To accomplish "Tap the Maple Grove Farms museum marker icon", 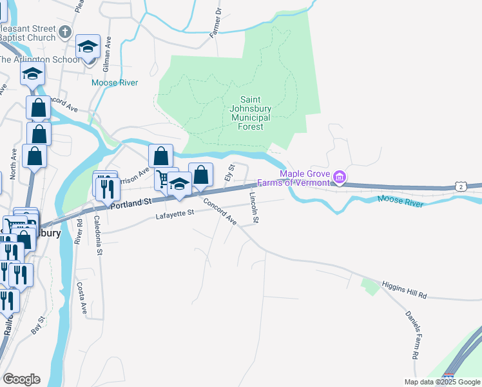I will pyautogui.click(x=340, y=176).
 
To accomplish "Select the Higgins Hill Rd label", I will pyautogui.click(x=404, y=290).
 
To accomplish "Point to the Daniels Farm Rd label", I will pyautogui.click(x=412, y=335).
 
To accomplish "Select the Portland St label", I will pyautogui.click(x=130, y=202).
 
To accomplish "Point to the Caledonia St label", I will pyautogui.click(x=99, y=235).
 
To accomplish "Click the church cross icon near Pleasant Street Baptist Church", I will pyautogui.click(x=65, y=32).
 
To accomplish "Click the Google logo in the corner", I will pyautogui.click(x=21, y=379).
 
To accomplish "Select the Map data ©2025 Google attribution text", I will pyautogui.click(x=441, y=382).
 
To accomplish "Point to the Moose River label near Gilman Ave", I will pyautogui.click(x=115, y=83).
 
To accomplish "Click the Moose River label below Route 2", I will pyautogui.click(x=400, y=202).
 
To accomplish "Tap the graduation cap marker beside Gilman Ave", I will pyautogui.click(x=88, y=46).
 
